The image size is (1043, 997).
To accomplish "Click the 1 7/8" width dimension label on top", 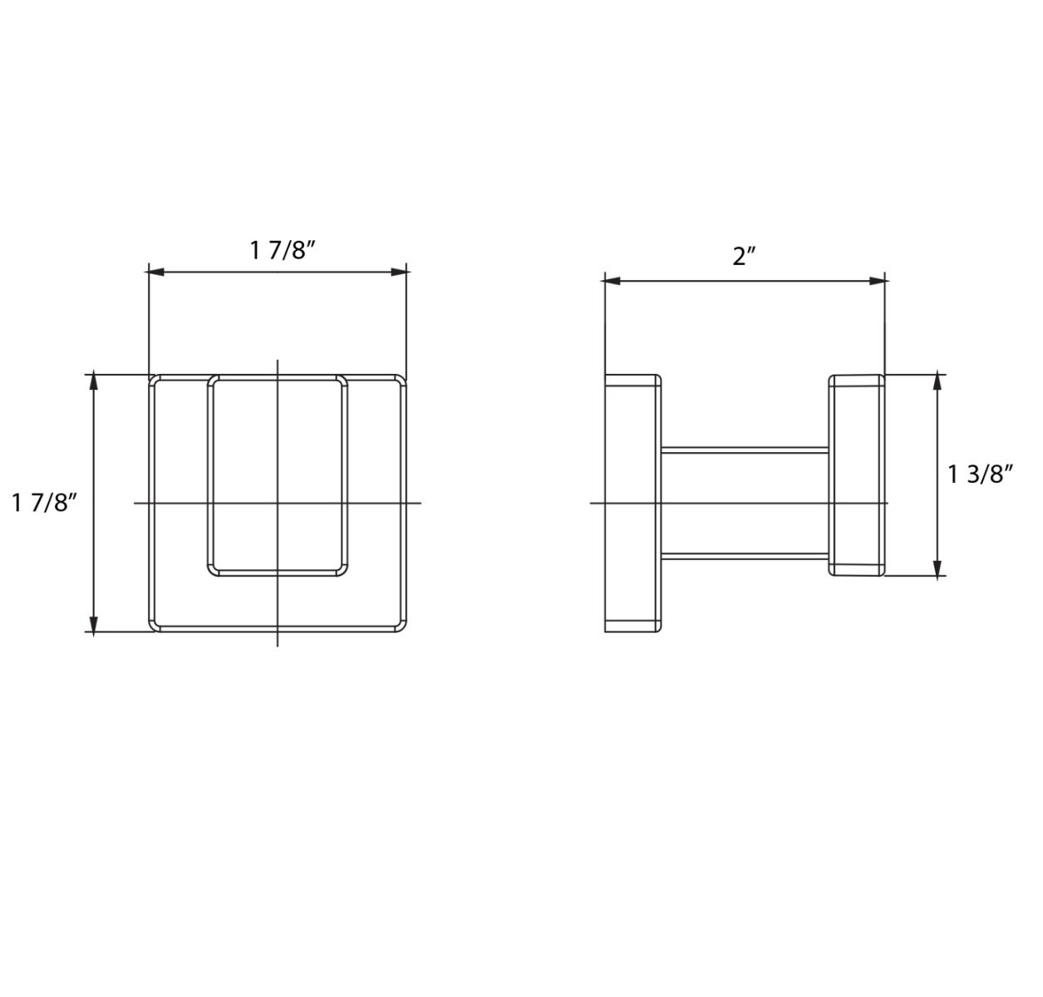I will point(283,249).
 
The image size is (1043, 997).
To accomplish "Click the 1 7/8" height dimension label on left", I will point(45,503).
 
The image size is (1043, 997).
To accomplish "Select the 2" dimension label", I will point(744,257).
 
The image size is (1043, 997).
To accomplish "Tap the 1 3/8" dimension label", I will point(981,474).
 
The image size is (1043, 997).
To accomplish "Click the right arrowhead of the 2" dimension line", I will point(878,281).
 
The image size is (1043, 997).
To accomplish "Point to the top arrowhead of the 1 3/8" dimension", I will point(938,382).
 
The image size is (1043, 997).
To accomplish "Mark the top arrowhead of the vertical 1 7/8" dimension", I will point(94,382).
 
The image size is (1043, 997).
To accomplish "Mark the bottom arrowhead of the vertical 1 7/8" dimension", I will point(94,624).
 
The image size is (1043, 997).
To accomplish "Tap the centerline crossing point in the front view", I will point(278,503).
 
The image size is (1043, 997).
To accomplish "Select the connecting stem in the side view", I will point(745,503).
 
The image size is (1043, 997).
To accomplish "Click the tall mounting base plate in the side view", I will point(632,503).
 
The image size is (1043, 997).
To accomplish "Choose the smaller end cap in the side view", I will point(857,475).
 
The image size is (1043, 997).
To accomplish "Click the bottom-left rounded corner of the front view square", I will point(155,626).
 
